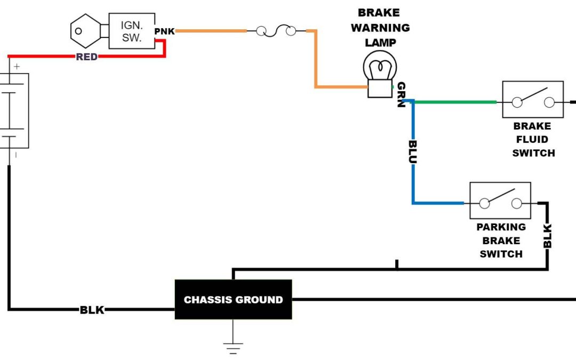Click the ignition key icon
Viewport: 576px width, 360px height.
click(85, 31)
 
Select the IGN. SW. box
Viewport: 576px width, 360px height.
click(132, 31)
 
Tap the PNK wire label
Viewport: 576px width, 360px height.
click(164, 31)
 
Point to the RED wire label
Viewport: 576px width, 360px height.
click(86, 57)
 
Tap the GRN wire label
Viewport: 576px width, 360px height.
click(401, 95)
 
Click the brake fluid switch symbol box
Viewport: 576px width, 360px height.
click(533, 100)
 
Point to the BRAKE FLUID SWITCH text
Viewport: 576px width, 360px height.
click(533, 140)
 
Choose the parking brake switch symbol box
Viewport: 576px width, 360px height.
click(500, 201)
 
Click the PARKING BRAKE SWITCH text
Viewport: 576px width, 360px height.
click(501, 241)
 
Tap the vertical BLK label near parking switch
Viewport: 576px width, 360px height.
click(547, 236)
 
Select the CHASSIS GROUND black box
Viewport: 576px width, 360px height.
click(233, 300)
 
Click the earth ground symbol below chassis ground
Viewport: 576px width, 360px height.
click(233, 347)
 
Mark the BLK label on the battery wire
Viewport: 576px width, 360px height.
click(92, 309)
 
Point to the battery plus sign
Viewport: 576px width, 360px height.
click(17, 67)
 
